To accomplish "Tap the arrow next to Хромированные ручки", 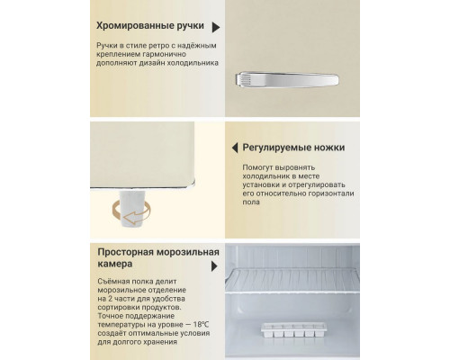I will tap(215, 28).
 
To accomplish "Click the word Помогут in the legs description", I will tap(262, 167).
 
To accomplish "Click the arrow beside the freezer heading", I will tap(215, 267).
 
